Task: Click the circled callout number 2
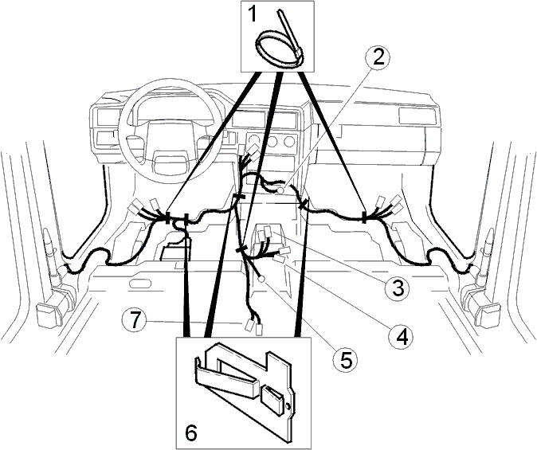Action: click(x=378, y=58)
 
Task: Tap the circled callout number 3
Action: click(x=397, y=288)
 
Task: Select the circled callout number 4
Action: click(x=401, y=337)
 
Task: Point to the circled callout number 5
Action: click(x=345, y=359)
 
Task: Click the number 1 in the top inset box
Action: click(x=252, y=15)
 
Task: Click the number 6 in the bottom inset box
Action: click(x=190, y=433)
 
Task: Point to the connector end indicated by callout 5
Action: click(x=261, y=279)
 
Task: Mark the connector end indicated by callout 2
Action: click(x=280, y=190)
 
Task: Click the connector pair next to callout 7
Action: click(x=253, y=327)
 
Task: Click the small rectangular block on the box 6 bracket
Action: click(x=273, y=399)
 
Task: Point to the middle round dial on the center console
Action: click(x=272, y=140)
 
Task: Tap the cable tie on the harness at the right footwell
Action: click(x=363, y=217)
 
